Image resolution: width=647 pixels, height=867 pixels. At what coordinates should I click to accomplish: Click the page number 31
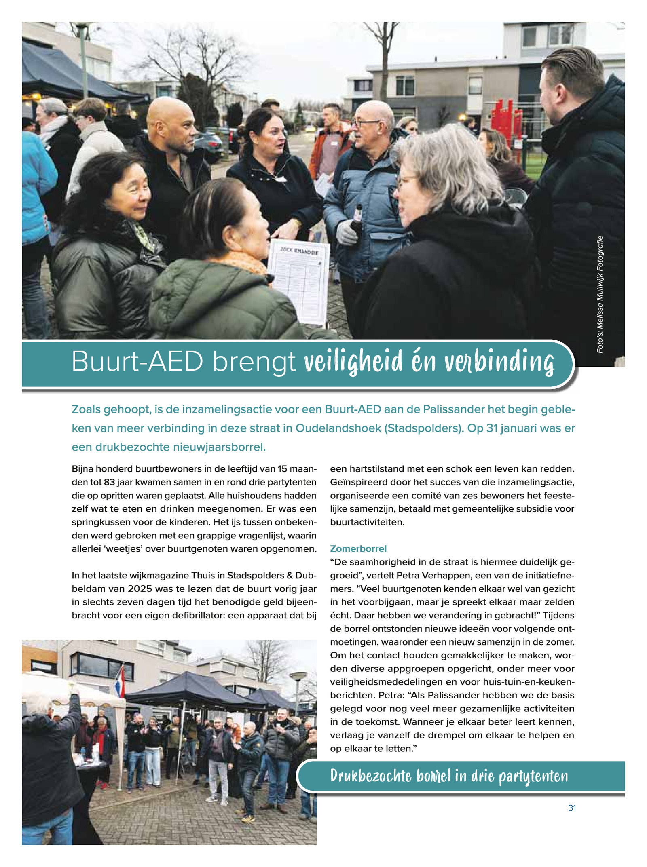coord(572,808)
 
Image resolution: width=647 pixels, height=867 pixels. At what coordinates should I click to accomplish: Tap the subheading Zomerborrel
coord(358,548)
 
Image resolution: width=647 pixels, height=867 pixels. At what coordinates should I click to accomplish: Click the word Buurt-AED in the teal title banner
coord(137,362)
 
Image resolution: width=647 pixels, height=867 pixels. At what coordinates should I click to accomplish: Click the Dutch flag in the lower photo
coord(120,681)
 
